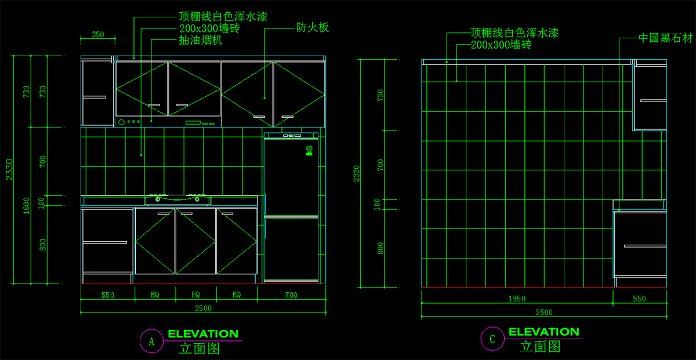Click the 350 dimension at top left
coord(98,35)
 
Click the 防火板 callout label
coord(313,27)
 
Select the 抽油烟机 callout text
coord(201,41)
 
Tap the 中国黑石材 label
coord(665,38)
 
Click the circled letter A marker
coord(152,341)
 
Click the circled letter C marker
coord(492,340)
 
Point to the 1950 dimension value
coord(517,299)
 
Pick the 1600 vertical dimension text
coord(27,205)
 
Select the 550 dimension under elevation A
coord(107,295)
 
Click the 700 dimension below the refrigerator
coord(291,295)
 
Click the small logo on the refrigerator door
coord(310,152)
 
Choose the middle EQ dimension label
coord(196,295)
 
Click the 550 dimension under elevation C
coord(639,299)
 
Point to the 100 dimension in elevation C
coord(377,203)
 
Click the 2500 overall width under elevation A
coord(203,308)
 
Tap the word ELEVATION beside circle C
coord(543,332)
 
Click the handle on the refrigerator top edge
coord(292,136)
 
